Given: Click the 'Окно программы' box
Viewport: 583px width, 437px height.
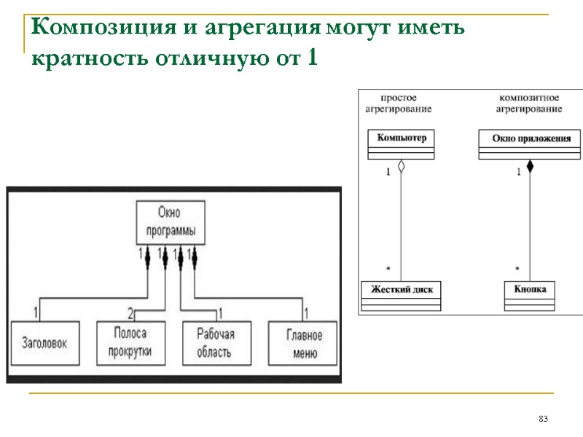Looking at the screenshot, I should point(171,223).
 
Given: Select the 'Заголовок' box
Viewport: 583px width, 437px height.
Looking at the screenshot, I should point(44,342).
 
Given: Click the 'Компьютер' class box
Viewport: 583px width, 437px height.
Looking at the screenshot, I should point(401,144).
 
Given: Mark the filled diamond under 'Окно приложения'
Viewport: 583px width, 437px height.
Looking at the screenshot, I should point(530,166).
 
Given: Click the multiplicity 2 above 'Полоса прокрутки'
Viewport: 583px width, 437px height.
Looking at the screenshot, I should point(130,314).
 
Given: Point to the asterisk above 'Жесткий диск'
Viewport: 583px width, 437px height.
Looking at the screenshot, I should point(388,269).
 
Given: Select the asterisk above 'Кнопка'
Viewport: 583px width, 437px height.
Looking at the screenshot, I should point(517,269).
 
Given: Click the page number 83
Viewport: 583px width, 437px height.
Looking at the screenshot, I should point(542,419).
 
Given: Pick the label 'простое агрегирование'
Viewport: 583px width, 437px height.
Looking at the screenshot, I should point(398,103).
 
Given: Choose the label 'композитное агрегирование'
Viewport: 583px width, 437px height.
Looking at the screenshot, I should point(528,103).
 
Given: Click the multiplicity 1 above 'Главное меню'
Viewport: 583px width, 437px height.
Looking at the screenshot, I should point(307,314).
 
